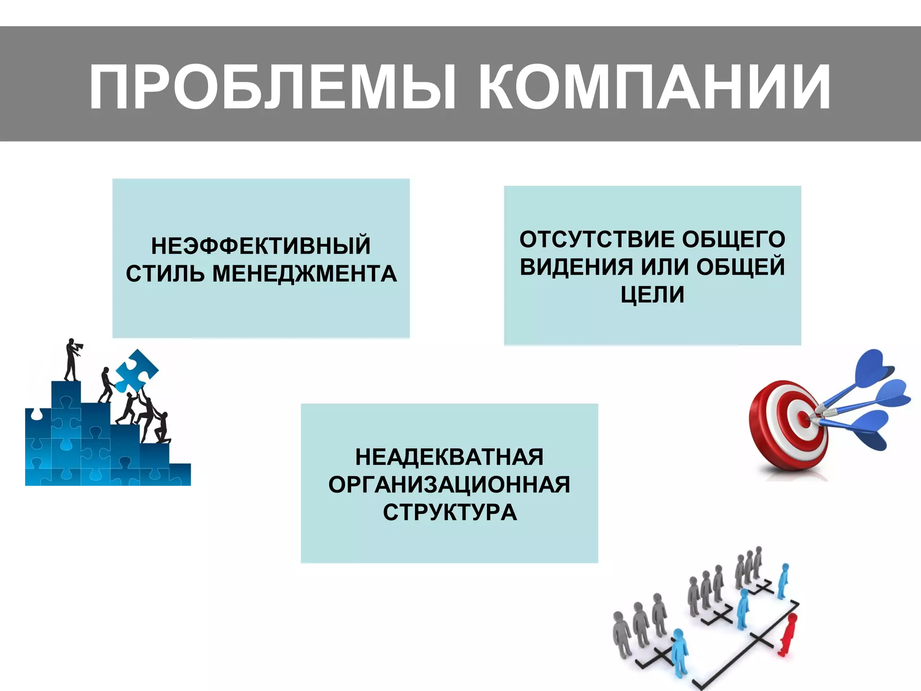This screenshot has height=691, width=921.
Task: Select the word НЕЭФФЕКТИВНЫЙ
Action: tap(261, 246)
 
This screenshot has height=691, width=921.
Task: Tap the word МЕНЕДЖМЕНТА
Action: tap(304, 274)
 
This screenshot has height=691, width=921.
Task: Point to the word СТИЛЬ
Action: tap(165, 274)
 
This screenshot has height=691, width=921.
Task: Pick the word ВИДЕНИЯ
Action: tap(576, 267)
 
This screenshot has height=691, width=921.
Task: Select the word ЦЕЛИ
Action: tap(652, 295)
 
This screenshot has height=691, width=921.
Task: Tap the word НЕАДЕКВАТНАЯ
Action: tap(449, 457)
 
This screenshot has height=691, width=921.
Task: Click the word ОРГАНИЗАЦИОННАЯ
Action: tap(449, 485)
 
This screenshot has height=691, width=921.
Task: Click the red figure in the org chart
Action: tap(788, 634)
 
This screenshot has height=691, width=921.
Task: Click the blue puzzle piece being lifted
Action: tap(136, 370)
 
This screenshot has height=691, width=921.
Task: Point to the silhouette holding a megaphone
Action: tap(71, 359)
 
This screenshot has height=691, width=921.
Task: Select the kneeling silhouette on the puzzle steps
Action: tap(162, 429)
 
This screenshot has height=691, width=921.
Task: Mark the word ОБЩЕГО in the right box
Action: tap(733, 239)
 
